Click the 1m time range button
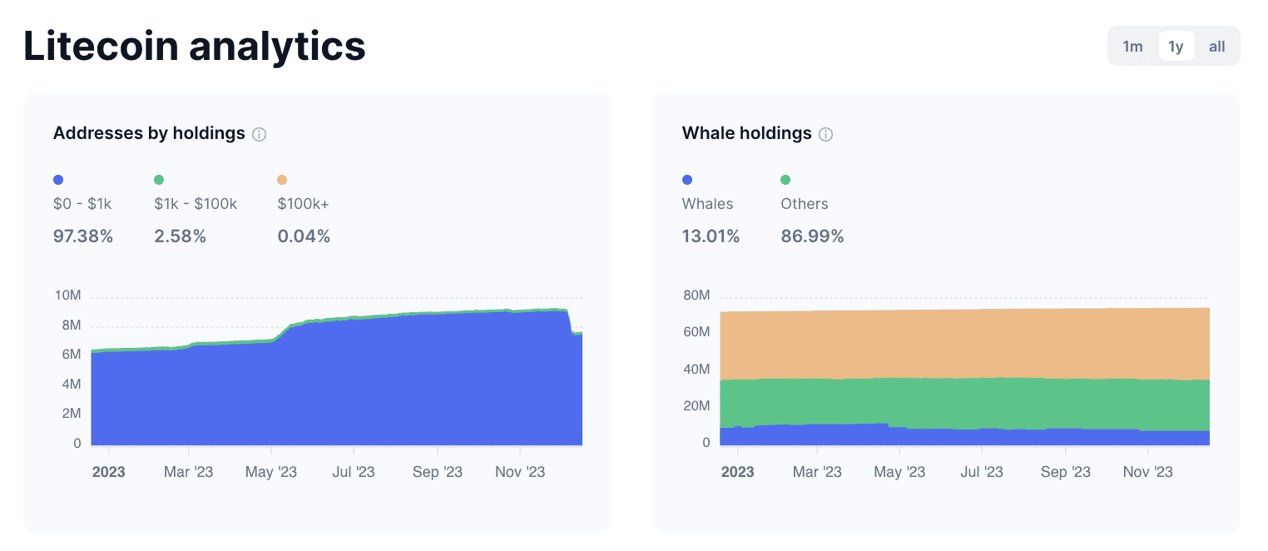[1132, 47]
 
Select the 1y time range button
[1176, 47]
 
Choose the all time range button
[1216, 47]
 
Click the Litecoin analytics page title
[195, 47]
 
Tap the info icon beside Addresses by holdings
[259, 134]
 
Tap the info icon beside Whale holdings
[825, 134]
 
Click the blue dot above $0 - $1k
[58, 180]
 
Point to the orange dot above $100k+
[282, 180]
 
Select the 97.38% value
[83, 236]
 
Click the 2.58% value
[180, 236]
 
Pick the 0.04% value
[304, 236]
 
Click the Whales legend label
[707, 204]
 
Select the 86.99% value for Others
[812, 236]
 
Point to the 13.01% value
[711, 236]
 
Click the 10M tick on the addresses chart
[67, 295]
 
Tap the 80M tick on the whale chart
[696, 295]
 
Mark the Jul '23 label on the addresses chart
[353, 472]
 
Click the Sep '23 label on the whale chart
[1065, 472]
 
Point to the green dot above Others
[785, 180]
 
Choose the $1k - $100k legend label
[196, 204]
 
